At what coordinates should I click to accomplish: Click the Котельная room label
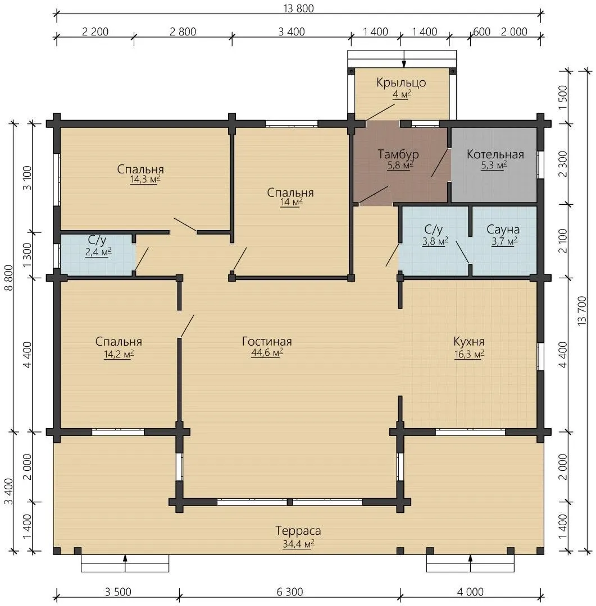[x=495, y=155]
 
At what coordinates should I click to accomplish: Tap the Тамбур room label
[x=398, y=154]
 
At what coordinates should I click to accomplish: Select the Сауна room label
[x=503, y=229]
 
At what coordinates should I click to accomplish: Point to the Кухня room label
[x=468, y=342]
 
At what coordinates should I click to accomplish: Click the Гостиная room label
[x=267, y=342]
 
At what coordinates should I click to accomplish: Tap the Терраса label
[x=298, y=531]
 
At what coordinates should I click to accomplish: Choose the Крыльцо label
[x=401, y=82]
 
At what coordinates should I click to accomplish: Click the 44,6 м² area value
[x=267, y=352]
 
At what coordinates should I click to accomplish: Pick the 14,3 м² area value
[x=145, y=180]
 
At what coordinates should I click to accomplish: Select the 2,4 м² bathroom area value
[x=98, y=252]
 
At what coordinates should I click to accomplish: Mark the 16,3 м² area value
[x=469, y=354]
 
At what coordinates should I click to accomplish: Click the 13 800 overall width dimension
[x=298, y=8]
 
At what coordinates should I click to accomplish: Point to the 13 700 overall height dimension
[x=582, y=311]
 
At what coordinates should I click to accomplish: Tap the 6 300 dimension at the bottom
[x=290, y=592]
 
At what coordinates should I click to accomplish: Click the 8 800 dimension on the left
[x=9, y=278]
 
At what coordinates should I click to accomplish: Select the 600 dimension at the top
[x=481, y=31]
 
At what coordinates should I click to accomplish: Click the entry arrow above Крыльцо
[x=404, y=59]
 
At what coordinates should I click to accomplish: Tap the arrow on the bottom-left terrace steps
[x=125, y=563]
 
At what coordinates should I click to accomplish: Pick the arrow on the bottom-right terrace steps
[x=470, y=563]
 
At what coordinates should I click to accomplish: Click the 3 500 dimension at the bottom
[x=118, y=592]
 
